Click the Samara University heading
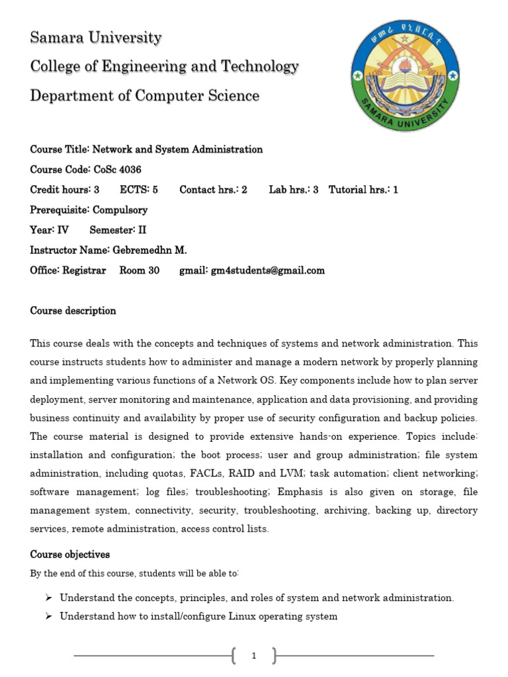95,38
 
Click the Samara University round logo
405,76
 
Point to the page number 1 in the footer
254,656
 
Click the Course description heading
73,311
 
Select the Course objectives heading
70,554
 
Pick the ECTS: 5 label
138,190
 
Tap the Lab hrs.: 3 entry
294,190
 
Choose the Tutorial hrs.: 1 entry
363,190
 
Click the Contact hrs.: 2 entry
213,190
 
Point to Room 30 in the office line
140,270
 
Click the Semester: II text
118,230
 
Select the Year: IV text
50,230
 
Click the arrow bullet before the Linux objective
48,616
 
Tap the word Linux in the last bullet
242,616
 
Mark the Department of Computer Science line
145,96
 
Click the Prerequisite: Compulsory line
89,210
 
